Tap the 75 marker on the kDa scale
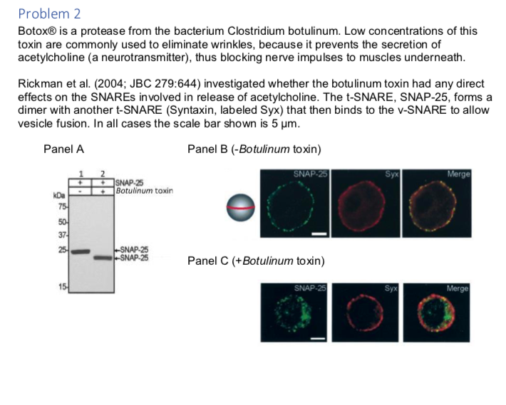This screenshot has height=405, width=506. tap(62, 206)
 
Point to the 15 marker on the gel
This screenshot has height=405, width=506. tap(62, 286)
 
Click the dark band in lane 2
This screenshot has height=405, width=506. tap(103, 257)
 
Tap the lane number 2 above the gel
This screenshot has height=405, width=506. tap(103, 174)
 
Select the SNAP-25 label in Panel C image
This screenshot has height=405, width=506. tap(310, 288)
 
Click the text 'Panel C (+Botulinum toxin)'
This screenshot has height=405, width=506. tap(256, 261)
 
